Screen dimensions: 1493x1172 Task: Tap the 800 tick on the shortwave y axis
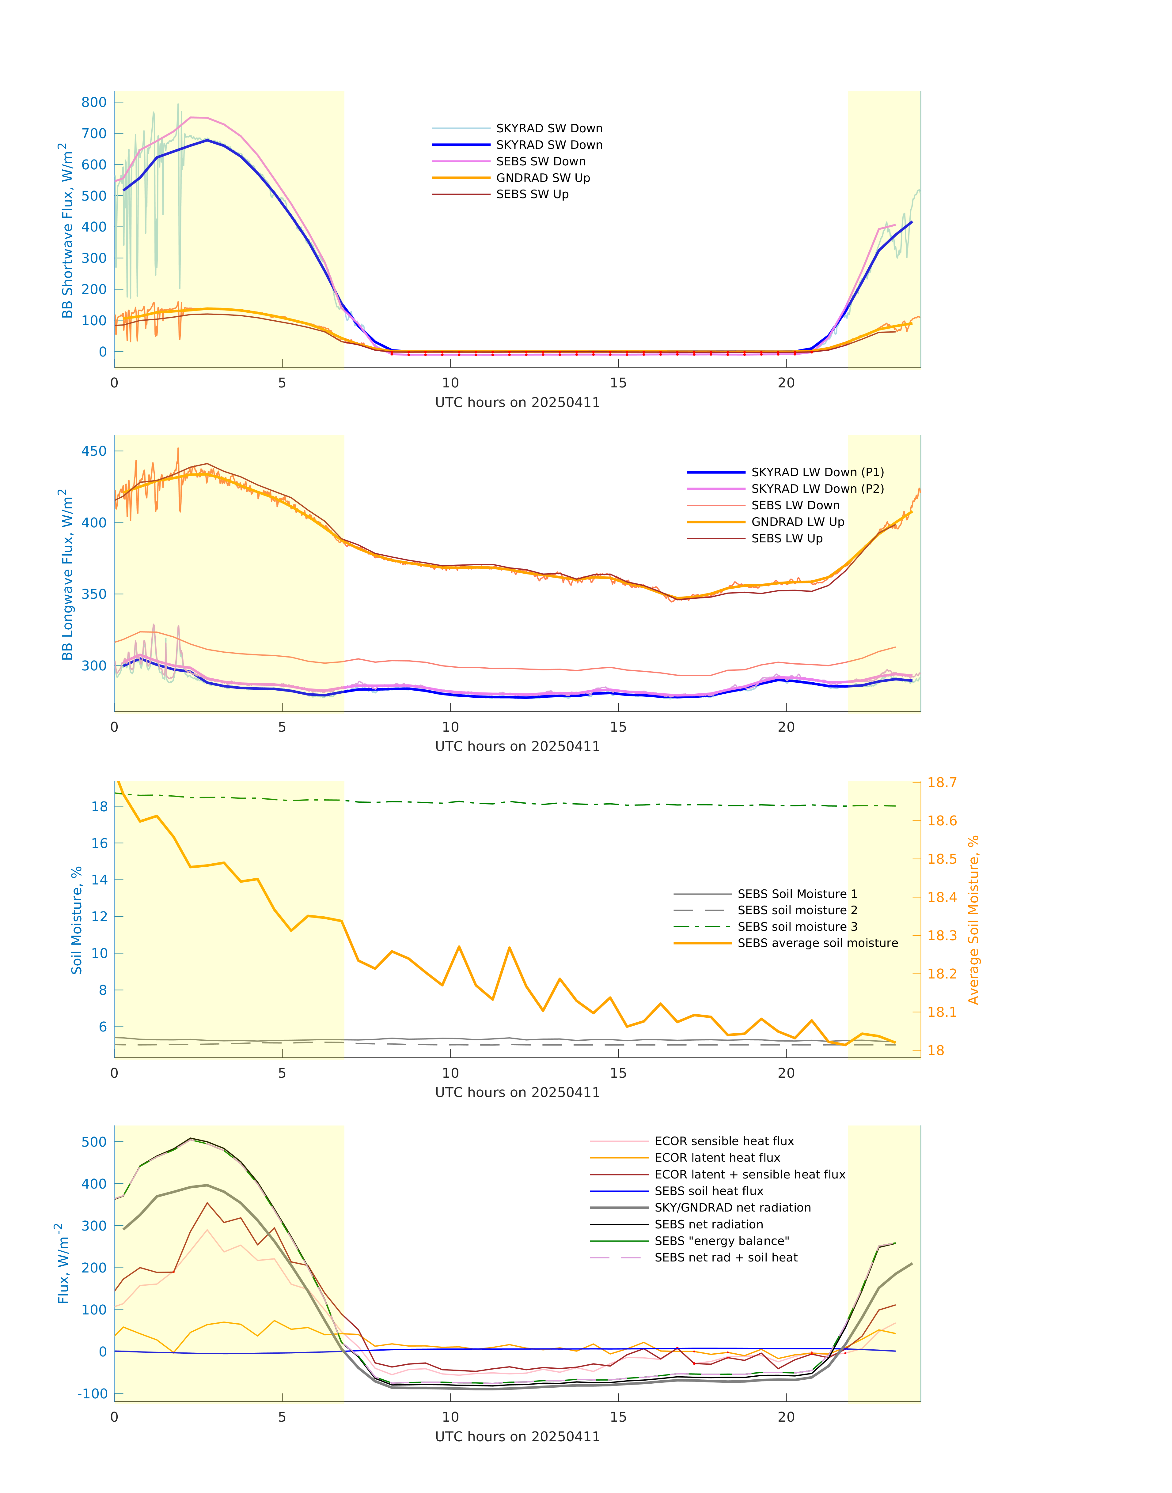pyautogui.click(x=94, y=102)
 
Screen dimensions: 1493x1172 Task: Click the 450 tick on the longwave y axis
pyautogui.click(x=94, y=451)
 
